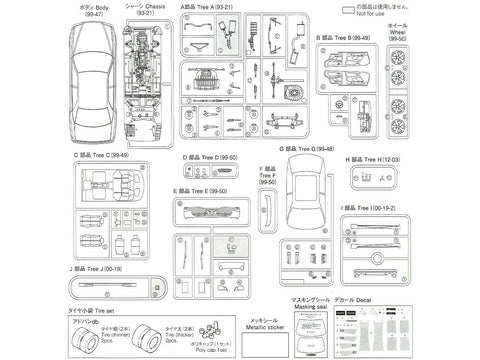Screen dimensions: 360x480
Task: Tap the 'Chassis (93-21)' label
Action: coord(137,12)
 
